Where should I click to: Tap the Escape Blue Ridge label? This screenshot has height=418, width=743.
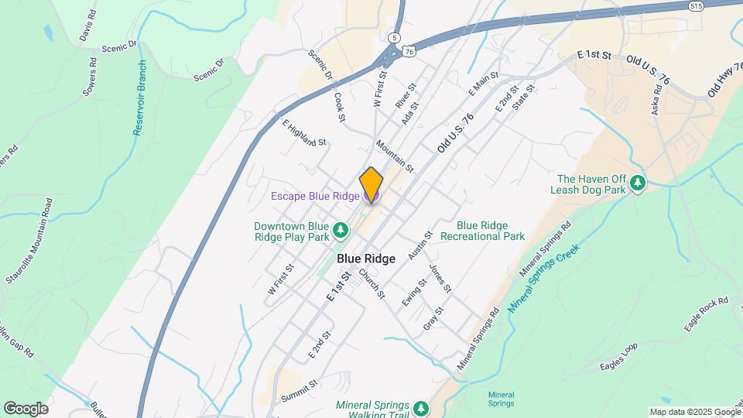click(315, 197)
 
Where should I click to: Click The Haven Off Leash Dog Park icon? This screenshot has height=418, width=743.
click(637, 183)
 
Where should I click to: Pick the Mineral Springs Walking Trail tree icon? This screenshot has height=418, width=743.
click(420, 408)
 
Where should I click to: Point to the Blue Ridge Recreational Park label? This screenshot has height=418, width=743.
click(482, 231)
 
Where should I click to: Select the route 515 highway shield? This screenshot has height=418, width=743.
click(696, 5)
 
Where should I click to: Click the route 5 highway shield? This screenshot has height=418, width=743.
click(395, 37)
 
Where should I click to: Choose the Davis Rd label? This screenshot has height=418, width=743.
click(87, 26)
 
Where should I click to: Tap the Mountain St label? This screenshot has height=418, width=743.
click(395, 156)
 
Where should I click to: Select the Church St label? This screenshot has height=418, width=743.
click(371, 284)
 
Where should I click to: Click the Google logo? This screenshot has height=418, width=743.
click(26, 408)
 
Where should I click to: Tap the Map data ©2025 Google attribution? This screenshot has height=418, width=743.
click(694, 412)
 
